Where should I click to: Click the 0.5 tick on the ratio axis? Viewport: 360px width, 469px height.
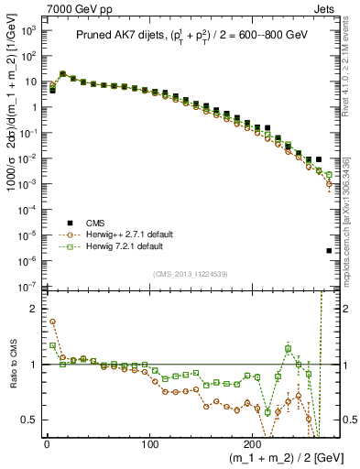pyautogui.click(x=29, y=420)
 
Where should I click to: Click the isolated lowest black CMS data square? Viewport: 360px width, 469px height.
pyautogui.click(x=329, y=250)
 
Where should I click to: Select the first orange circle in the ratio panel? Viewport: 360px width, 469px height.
pyautogui.click(x=52, y=322)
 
